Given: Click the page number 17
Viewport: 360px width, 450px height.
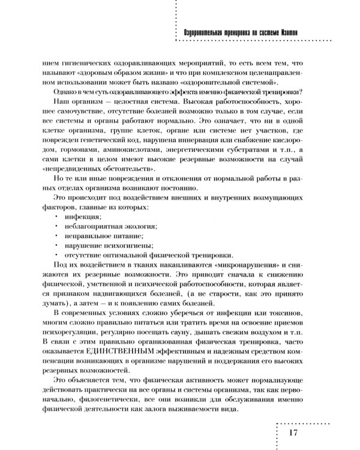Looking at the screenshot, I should [293, 432].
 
